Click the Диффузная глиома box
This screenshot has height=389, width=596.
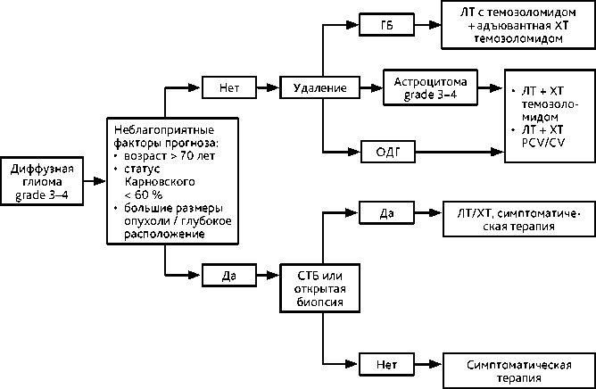42,181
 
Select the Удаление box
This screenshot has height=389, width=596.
319,87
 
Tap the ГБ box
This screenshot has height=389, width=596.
386,25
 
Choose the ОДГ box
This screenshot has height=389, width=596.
388,152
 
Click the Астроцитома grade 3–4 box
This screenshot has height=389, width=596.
430,87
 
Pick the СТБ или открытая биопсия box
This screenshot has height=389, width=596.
319,288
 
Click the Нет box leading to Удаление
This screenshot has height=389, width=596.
229,87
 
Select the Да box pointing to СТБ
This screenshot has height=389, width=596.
229,275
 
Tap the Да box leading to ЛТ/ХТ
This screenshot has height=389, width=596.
386,212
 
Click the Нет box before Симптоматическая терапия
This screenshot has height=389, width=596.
386,364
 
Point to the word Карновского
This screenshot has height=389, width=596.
160,182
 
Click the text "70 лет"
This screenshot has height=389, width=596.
197,156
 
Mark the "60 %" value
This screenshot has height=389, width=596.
148,194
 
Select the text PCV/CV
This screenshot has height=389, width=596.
543,143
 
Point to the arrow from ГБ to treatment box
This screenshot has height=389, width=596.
428,25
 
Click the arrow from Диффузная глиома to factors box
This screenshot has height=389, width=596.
95,181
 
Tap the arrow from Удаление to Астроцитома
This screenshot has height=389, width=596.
371,87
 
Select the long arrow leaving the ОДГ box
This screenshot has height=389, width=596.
459,152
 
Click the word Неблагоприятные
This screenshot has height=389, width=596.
164,130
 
